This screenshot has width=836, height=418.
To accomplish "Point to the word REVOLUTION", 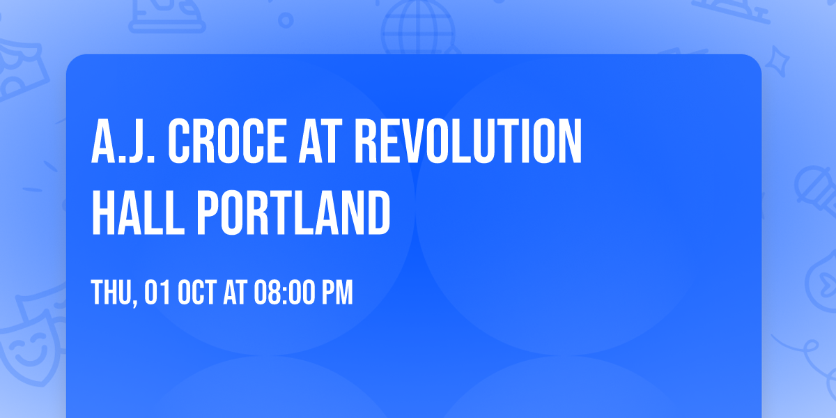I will [x=467, y=143].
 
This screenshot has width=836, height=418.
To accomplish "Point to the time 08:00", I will [x=284, y=293].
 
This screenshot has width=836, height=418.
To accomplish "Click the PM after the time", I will [x=336, y=293].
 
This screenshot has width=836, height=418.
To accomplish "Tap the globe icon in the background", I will [x=416, y=28].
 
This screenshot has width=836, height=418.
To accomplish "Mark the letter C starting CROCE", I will [x=183, y=143].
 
